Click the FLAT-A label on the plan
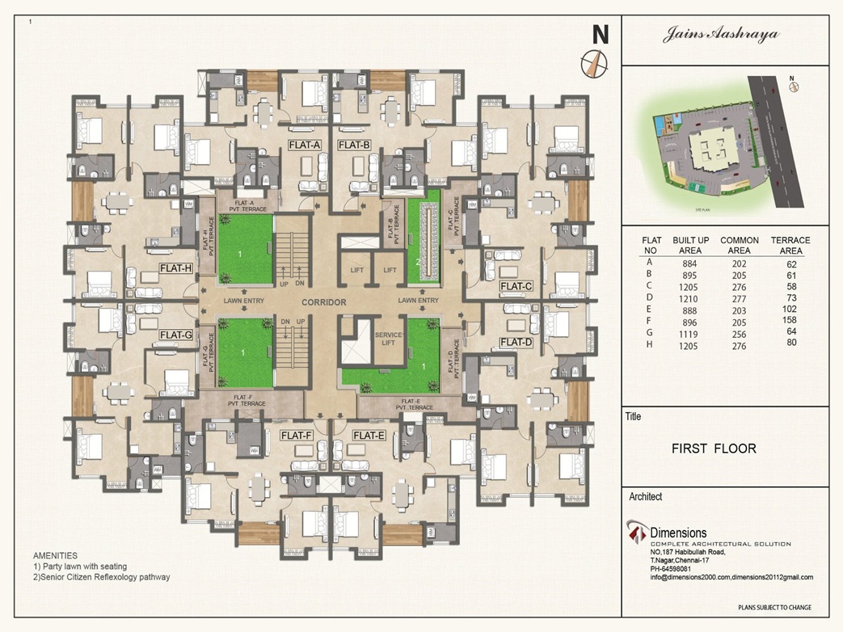pos(305,145)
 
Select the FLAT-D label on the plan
pos(516,343)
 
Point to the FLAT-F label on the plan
pos(296,436)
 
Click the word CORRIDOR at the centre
pos(324,303)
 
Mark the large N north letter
pos(600,35)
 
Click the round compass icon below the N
pos(594,64)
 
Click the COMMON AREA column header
pos(739,246)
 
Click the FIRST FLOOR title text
pos(714,449)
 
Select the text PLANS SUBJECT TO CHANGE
pos(774,607)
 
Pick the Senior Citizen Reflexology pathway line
pos(101,577)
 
